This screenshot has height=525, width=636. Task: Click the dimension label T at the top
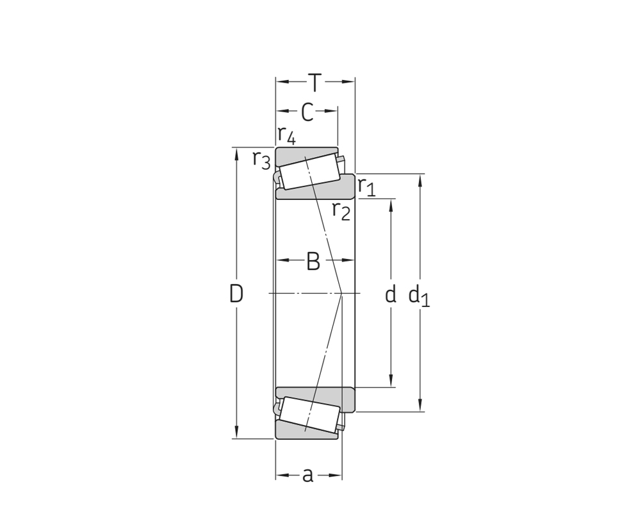point(314,83)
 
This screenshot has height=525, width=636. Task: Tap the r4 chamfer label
point(287,136)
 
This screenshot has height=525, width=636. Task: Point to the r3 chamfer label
point(261,160)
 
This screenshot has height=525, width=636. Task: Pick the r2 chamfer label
point(341,211)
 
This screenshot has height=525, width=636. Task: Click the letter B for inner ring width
point(313,262)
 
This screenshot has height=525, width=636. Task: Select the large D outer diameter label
point(236,294)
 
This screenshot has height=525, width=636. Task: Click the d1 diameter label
point(419,295)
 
